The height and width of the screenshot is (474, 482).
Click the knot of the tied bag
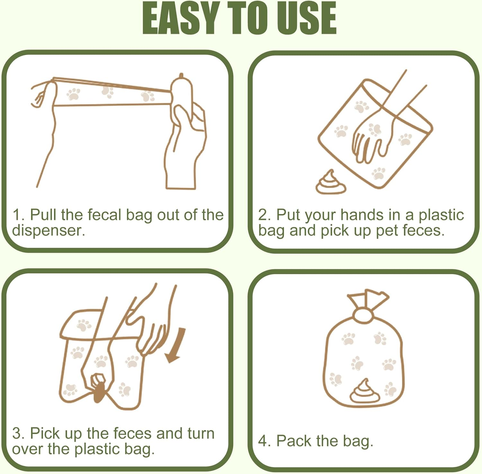(x=363, y=314)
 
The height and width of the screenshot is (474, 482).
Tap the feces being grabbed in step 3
(x=99, y=392)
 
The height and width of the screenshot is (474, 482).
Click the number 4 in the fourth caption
(x=263, y=441)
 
